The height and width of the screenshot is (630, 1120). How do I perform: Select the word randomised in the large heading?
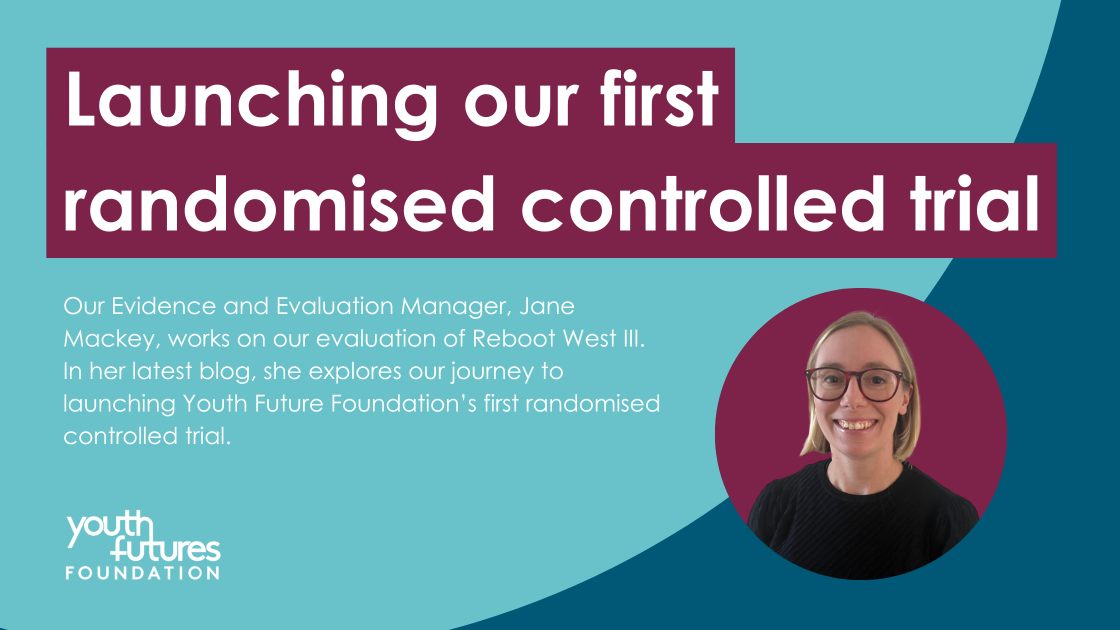(x=279, y=203)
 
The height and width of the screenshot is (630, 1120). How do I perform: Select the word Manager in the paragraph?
(x=456, y=307)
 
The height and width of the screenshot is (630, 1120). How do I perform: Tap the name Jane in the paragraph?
(x=547, y=306)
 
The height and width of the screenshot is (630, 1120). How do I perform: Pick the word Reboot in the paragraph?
(x=513, y=338)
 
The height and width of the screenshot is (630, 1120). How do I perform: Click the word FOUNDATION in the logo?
(x=142, y=573)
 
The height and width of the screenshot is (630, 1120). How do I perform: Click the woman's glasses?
(x=856, y=384)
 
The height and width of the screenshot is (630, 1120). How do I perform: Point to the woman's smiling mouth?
(x=857, y=426)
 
